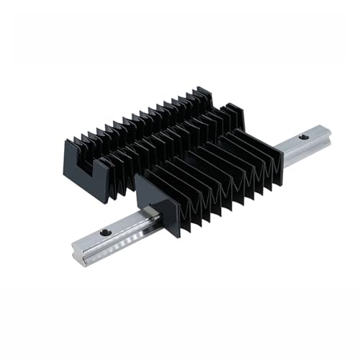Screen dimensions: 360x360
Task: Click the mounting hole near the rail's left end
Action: tap(106, 232)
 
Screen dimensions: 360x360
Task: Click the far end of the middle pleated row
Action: tap(234, 112)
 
